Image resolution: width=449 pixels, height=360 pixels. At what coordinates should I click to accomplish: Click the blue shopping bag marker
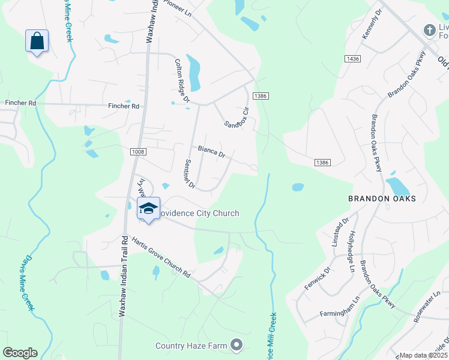(x=37, y=41)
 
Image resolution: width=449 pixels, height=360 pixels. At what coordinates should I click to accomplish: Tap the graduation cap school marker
(x=148, y=209)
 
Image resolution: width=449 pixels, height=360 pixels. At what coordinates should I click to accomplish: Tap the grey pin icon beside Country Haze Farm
(x=237, y=344)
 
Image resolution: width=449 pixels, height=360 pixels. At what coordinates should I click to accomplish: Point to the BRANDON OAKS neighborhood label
(x=382, y=198)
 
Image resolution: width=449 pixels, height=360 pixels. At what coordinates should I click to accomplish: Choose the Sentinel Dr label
(x=190, y=174)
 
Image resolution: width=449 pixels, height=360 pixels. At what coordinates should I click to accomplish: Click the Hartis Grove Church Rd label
(x=161, y=256)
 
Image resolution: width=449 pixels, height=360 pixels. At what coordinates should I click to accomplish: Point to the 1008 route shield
(x=137, y=152)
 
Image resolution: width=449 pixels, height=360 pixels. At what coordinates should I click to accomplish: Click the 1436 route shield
(x=352, y=58)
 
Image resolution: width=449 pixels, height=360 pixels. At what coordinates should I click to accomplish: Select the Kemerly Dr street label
(x=372, y=25)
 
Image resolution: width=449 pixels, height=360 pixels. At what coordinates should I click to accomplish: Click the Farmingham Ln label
(x=340, y=307)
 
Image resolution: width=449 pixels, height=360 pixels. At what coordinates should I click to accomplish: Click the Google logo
(x=20, y=353)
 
